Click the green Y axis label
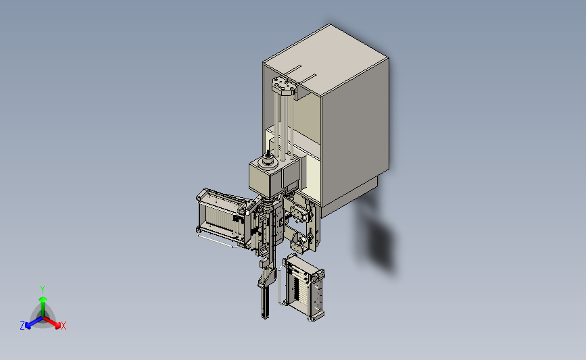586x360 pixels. coord(43,290)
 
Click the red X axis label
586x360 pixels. coord(63,326)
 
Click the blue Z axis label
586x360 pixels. coord(22,326)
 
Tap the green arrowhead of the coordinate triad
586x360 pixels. coord(43,300)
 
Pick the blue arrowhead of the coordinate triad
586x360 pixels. coord(28,326)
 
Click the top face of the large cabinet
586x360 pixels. coord(326,59)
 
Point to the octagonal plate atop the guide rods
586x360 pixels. coord(284,85)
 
